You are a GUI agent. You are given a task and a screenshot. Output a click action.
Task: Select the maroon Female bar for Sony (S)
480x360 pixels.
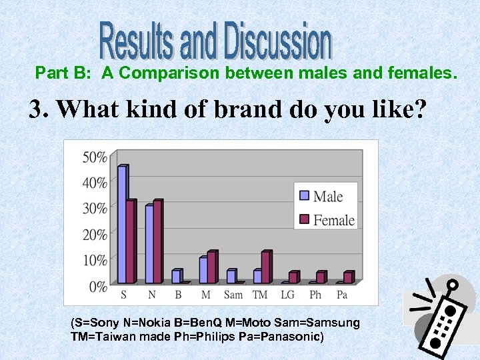(x=131, y=241)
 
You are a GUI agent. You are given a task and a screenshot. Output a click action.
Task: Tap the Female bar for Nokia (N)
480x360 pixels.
(x=158, y=241)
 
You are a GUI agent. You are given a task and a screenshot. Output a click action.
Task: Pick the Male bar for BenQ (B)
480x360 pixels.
(x=177, y=277)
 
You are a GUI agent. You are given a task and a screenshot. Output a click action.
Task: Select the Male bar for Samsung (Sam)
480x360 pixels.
(x=231, y=277)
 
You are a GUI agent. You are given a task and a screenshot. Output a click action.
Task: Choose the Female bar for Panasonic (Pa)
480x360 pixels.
(x=348, y=277)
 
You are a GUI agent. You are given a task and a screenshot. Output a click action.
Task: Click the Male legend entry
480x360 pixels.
(x=321, y=196)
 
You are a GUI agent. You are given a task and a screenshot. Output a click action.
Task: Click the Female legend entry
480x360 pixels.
(x=326, y=220)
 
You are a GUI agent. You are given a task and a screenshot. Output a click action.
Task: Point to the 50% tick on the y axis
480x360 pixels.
(x=94, y=157)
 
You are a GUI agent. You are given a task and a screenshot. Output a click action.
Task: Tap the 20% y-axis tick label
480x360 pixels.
(x=94, y=235)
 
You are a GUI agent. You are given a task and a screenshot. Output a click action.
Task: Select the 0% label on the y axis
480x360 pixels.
(x=97, y=287)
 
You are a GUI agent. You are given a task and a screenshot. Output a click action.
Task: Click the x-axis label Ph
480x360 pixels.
(x=315, y=295)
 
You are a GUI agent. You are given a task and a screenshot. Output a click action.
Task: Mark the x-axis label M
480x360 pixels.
(x=207, y=295)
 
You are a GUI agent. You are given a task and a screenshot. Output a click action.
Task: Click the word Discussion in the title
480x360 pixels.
(x=278, y=41)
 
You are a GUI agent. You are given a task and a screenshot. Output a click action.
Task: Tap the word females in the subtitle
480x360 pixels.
(x=422, y=73)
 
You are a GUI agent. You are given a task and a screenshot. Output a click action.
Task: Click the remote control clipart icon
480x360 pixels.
(x=441, y=317)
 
